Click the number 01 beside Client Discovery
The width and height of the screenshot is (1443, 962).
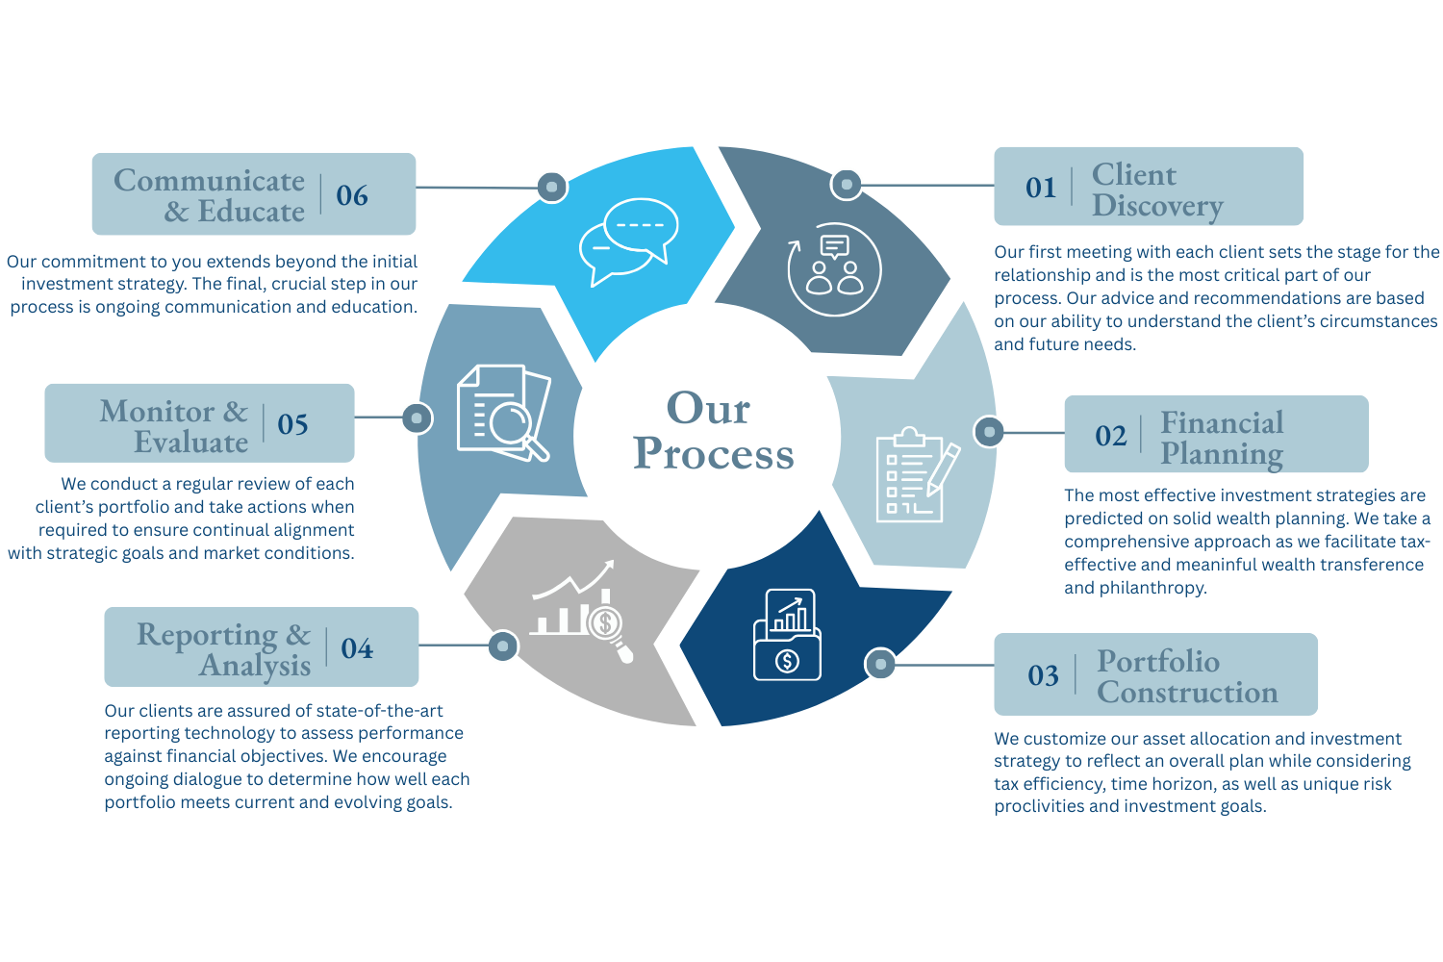click(1041, 188)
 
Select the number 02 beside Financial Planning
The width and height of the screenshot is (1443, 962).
click(1110, 436)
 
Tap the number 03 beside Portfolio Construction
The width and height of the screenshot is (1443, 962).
click(1043, 675)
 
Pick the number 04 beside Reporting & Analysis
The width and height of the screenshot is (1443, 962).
click(357, 648)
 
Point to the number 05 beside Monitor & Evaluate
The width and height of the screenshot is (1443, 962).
click(292, 424)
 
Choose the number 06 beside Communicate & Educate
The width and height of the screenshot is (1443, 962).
click(352, 195)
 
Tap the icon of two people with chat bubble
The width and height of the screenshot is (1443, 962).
click(834, 269)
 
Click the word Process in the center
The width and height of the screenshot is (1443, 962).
click(714, 454)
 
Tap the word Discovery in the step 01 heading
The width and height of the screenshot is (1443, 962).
click(1157, 206)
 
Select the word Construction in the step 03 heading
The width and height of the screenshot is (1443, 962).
click(1187, 693)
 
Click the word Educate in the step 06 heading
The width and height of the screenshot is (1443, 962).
click(251, 212)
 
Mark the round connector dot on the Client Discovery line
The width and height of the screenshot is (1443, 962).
click(847, 184)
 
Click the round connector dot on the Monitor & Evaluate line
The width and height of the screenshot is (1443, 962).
click(417, 418)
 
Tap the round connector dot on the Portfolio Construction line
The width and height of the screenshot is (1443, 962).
click(880, 664)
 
